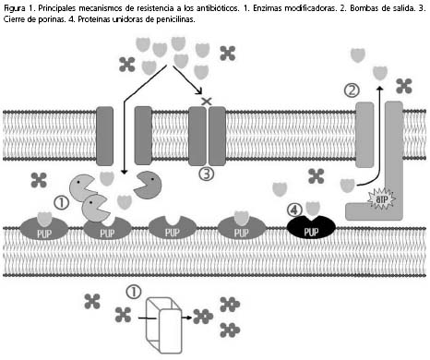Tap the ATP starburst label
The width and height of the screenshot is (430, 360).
point(381,198)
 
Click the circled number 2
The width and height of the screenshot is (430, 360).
point(352,90)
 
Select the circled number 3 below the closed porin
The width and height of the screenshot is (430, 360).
point(207,174)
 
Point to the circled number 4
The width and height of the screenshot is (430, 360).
point(294,210)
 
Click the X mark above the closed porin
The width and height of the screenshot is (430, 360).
point(207,101)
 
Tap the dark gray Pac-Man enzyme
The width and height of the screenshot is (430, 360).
point(148,185)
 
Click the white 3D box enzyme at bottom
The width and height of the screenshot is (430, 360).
point(164,325)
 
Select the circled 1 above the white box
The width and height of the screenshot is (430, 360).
point(134,292)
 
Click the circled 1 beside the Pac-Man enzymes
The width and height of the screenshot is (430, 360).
point(62,203)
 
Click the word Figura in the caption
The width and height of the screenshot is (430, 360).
point(14,9)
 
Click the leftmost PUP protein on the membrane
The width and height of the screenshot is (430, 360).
point(43,228)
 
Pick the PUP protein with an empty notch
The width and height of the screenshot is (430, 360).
point(172,228)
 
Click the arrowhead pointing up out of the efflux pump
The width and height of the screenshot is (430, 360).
point(380,89)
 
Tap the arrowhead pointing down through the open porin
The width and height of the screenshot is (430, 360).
point(124,173)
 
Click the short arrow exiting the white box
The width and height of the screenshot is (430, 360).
point(187,317)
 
